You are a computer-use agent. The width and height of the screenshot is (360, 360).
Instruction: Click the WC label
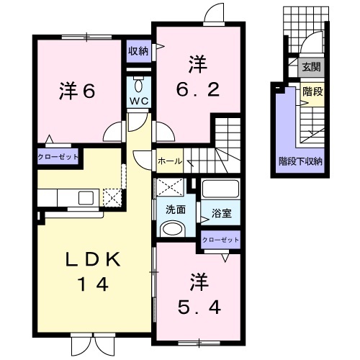pyautogui.click(x=139, y=101)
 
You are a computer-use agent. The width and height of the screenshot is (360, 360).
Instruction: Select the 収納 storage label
pyautogui.click(x=139, y=50)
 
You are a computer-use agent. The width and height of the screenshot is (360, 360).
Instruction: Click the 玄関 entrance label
pyautogui.click(x=311, y=68)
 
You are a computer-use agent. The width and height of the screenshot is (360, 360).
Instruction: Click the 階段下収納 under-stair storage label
pyautogui.click(x=300, y=162)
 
